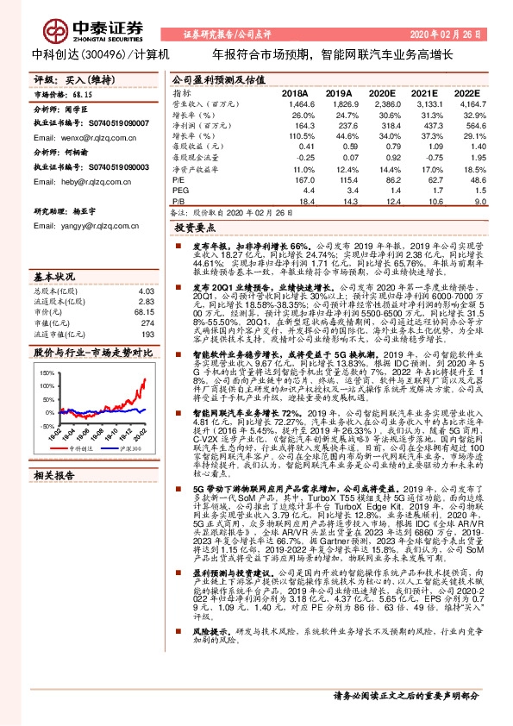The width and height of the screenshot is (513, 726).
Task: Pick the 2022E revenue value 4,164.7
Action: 466,103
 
